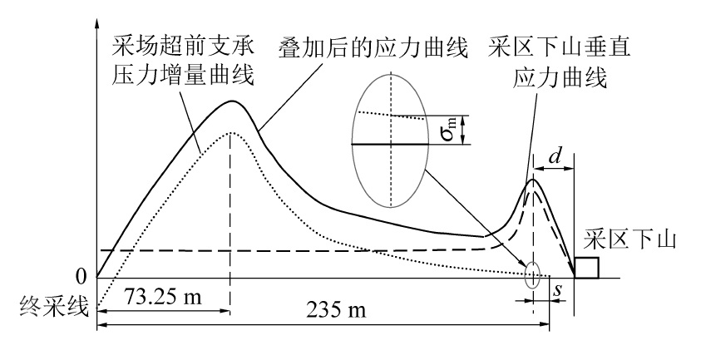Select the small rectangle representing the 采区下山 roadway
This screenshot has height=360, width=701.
point(586,267)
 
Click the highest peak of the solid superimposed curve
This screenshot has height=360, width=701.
point(232,101)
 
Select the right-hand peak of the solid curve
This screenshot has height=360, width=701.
point(532,180)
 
